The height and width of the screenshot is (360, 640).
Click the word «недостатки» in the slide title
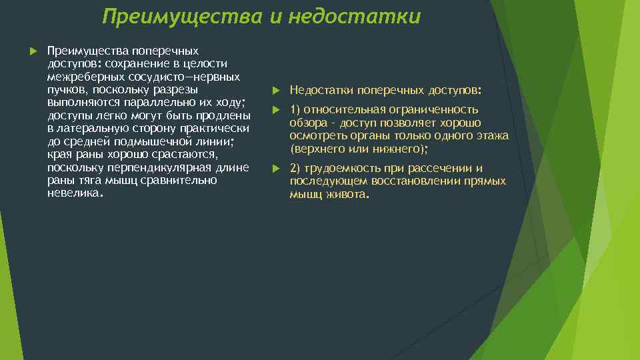(x=355, y=16)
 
